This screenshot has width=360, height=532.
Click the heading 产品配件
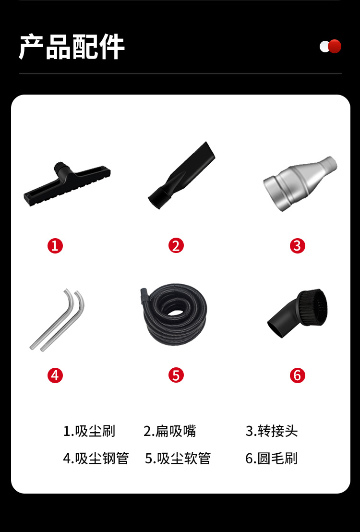click(72, 47)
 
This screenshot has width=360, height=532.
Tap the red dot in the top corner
click(335, 47)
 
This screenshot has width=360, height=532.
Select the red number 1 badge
click(55, 246)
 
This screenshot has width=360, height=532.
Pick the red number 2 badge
click(176, 246)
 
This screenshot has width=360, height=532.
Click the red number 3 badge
click(297, 246)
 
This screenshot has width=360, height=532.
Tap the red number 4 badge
click(55, 375)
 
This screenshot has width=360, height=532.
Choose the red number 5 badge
click(176, 375)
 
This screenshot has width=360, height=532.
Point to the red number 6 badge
click(297, 375)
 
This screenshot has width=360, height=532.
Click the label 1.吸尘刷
click(89, 431)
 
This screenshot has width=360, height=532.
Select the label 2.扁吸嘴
click(169, 431)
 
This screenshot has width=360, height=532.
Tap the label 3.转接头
click(272, 431)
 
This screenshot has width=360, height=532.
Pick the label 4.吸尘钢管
click(96, 458)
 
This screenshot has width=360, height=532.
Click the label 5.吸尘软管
click(178, 458)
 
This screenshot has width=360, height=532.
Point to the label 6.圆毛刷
click(272, 458)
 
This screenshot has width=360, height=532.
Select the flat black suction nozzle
click(181, 176)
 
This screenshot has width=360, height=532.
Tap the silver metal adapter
click(300, 183)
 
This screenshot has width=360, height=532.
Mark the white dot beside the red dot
click(324, 47)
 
